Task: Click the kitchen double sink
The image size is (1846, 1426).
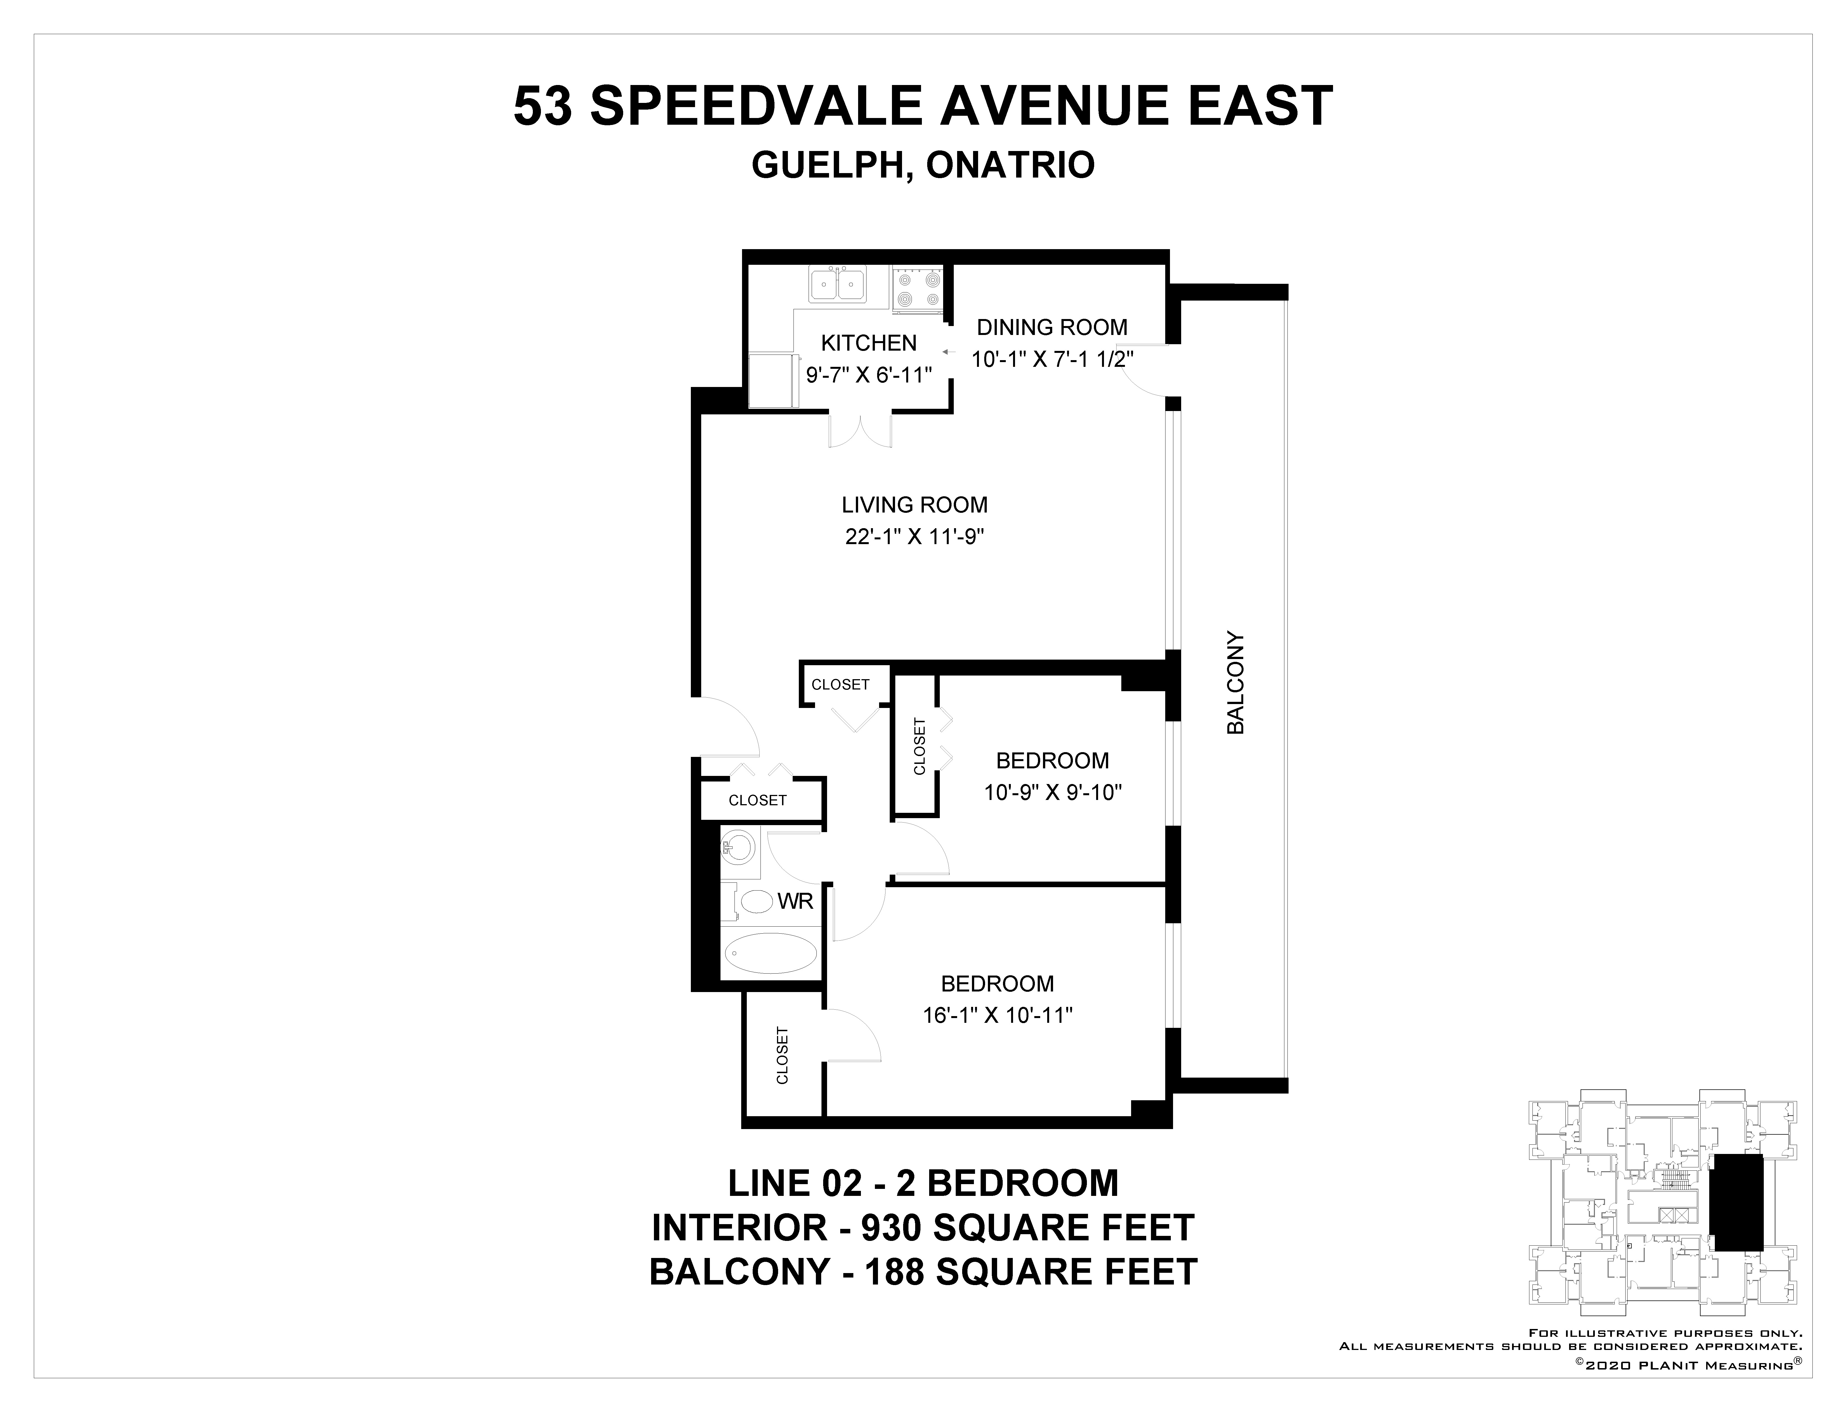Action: (x=837, y=284)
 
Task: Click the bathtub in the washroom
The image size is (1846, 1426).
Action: (x=771, y=953)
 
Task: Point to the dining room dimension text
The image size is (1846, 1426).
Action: (x=1052, y=359)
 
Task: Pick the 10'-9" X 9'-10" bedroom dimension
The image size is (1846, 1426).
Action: (x=1052, y=792)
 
